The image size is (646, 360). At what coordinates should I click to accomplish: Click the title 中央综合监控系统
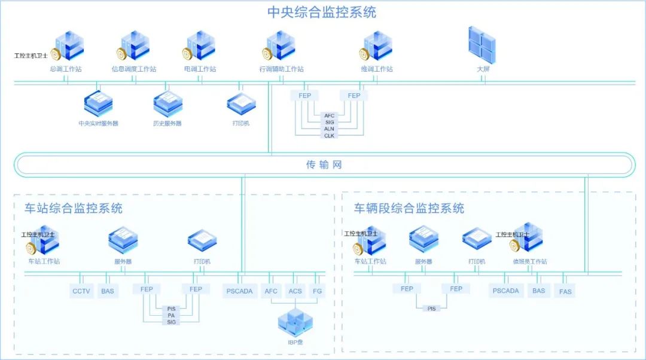322,12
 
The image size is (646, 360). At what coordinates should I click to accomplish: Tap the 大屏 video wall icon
482,45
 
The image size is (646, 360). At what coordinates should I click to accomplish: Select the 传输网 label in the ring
324,164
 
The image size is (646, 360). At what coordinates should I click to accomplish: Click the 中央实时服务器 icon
98,103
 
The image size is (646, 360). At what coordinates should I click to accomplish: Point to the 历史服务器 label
167,124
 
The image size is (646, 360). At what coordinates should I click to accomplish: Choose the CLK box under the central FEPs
330,136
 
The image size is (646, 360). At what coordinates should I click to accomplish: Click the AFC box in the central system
330,115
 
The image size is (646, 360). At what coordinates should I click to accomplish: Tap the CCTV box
81,292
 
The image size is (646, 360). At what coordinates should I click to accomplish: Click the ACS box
295,292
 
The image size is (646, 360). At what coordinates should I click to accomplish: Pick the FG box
317,292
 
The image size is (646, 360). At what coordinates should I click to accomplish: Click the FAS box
565,292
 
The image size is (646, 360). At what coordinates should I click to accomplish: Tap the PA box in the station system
171,315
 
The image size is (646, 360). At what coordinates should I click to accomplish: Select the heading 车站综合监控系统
73,208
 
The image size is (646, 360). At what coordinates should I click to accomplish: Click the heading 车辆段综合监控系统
409,208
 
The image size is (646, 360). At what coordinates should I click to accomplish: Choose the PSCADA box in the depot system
505,291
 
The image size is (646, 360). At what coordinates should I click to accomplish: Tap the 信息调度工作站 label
134,69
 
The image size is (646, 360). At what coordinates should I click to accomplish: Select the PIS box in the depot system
431,309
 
